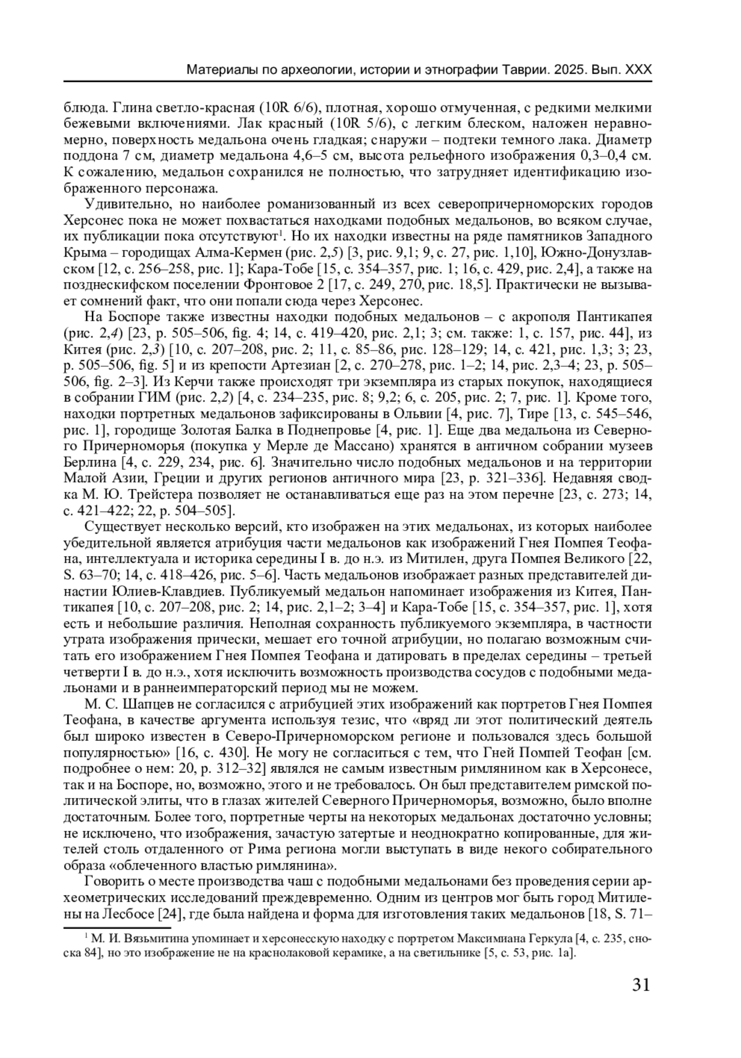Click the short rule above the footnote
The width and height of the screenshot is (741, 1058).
click(x=117, y=927)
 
